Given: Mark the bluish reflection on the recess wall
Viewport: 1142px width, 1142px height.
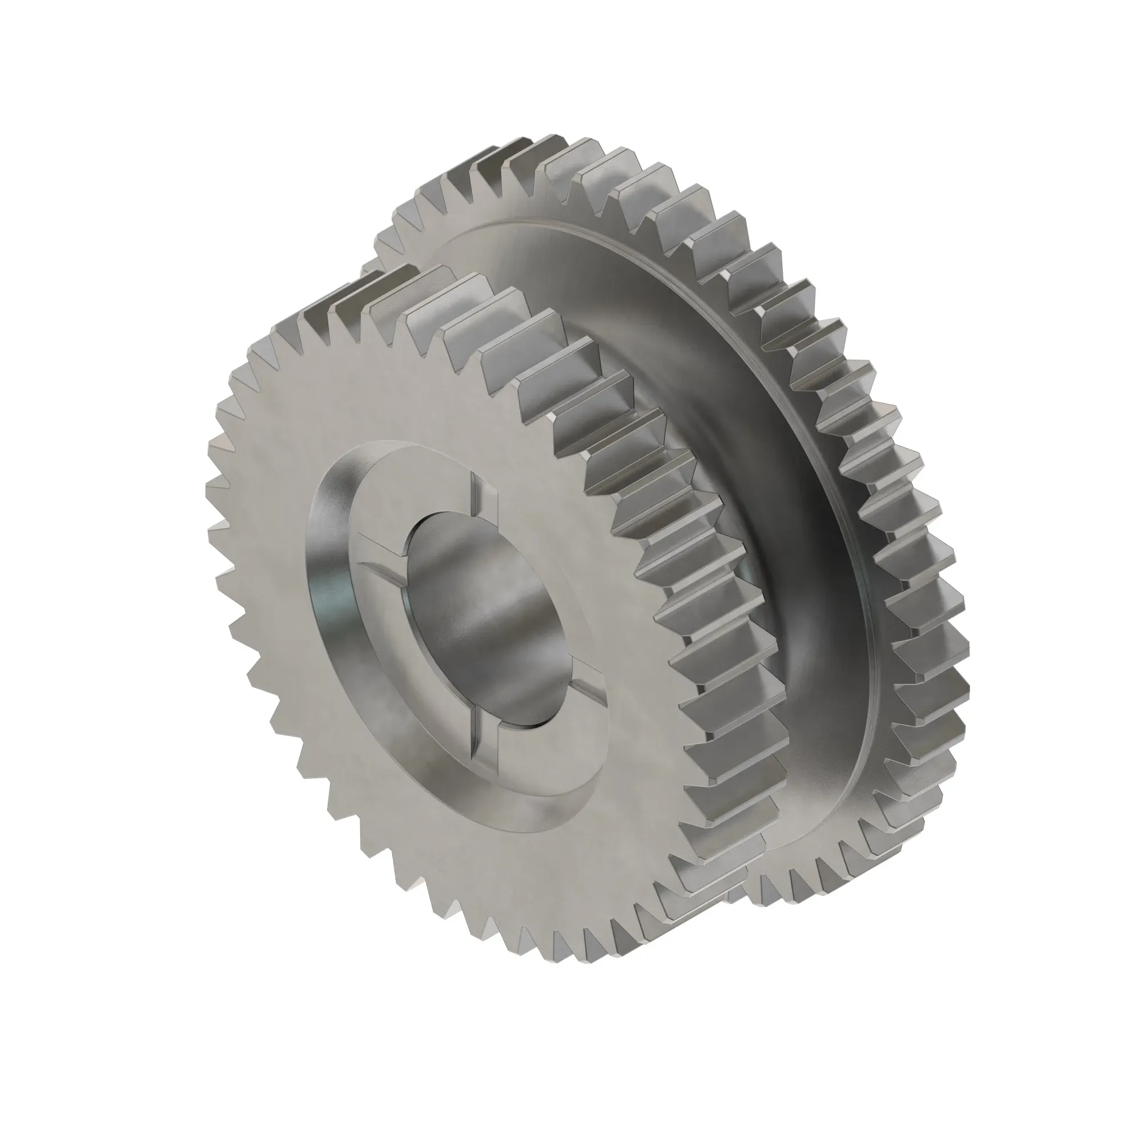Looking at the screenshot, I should (322, 597).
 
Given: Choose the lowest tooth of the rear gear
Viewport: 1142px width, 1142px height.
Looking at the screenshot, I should (769, 904).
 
